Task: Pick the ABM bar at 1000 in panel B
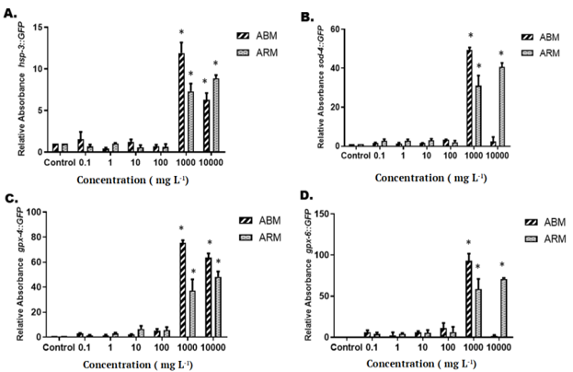tap(469, 98)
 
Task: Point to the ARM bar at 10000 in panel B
tap(502, 107)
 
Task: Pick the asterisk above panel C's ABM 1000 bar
tap(181, 228)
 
